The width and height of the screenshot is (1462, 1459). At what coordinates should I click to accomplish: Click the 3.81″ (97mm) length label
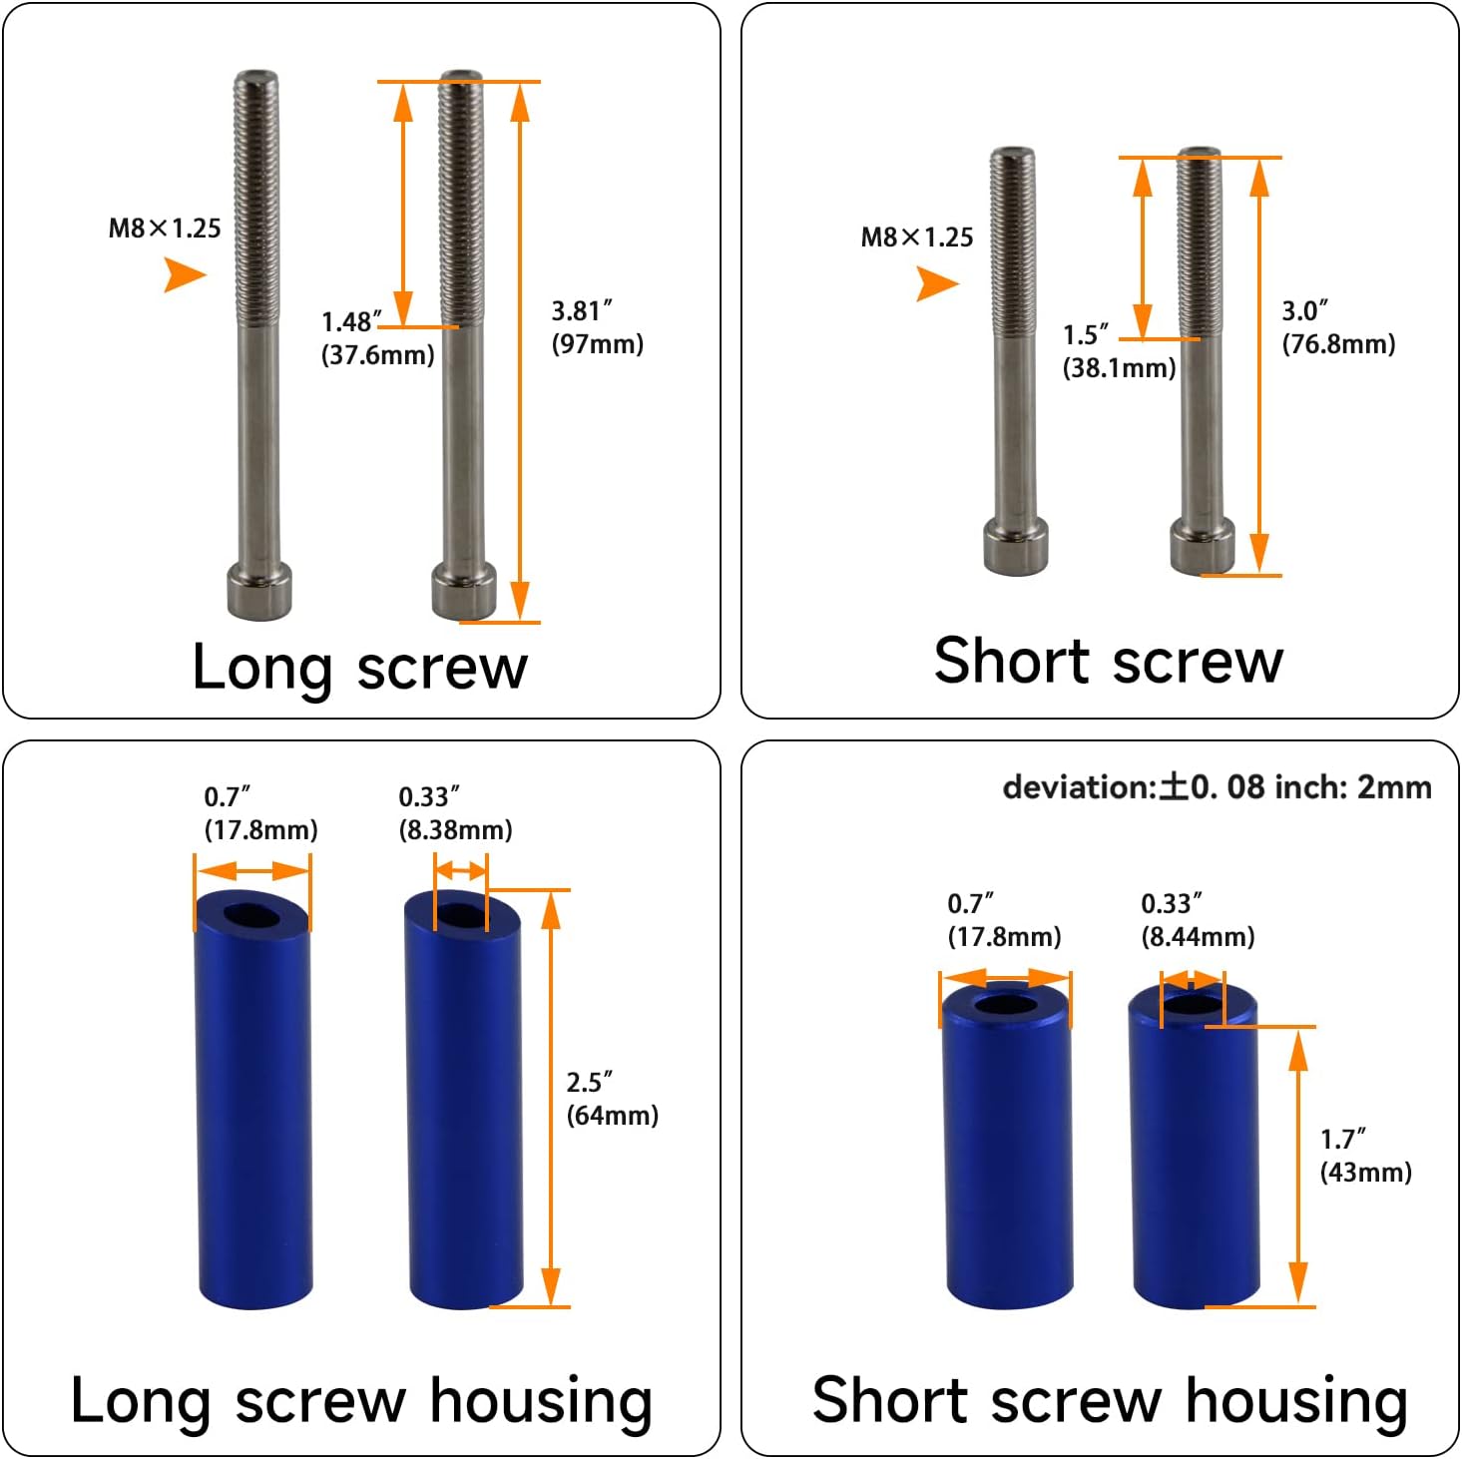coord(597,327)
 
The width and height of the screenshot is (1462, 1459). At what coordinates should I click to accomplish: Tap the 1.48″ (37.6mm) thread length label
coord(376,338)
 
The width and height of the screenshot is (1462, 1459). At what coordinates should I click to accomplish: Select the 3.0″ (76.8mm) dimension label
coord(1337,327)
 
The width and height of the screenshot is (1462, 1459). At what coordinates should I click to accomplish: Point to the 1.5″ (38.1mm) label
coord(1118,351)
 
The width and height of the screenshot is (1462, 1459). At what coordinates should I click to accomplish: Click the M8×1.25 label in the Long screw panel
coord(165,229)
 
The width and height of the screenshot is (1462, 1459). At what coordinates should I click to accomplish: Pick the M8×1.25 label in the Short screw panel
coord(916,238)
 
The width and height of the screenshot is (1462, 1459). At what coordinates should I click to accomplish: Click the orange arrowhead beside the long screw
coord(185,274)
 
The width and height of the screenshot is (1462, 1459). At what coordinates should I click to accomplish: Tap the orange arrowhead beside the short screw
coord(936,284)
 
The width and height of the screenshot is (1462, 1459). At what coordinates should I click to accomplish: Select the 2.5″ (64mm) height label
coord(612,1099)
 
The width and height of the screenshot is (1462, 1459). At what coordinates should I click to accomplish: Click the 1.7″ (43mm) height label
coord(1365,1156)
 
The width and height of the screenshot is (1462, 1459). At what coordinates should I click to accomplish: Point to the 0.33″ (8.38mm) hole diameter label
coord(455,813)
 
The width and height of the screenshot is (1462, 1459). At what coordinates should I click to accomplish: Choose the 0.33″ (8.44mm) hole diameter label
coord(1198,920)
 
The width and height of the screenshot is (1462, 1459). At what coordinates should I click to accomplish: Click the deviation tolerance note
coord(1217,787)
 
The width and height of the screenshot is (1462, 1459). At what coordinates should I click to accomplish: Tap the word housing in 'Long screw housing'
coord(541,1401)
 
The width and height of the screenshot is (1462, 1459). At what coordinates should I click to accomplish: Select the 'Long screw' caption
coord(359,667)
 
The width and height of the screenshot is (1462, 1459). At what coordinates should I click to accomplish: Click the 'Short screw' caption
coord(1108,661)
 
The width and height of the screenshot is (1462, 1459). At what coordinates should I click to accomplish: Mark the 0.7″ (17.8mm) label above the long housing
coord(260,813)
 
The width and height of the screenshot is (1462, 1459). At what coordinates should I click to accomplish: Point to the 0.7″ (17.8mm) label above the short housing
coord(1004,920)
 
